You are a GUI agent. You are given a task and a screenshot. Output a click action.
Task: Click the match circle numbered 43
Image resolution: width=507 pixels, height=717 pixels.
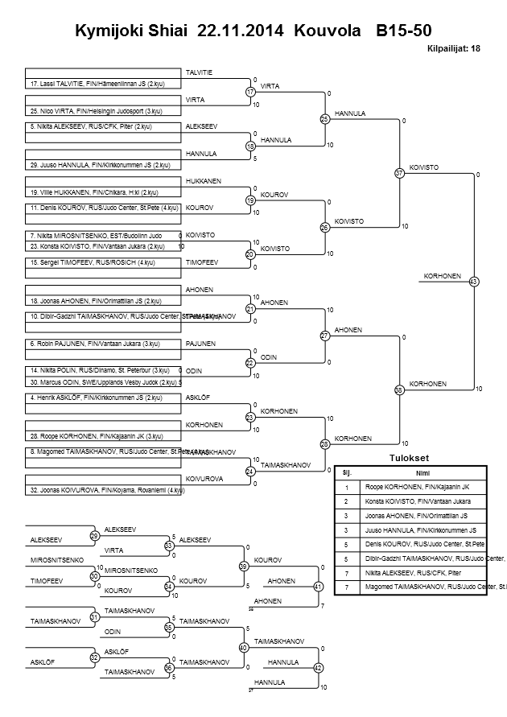(x=473, y=282)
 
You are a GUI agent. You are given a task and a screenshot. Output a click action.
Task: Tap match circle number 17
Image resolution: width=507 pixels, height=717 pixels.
(x=250, y=93)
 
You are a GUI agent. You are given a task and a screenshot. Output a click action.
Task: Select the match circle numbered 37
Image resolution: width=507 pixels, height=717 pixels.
(x=399, y=173)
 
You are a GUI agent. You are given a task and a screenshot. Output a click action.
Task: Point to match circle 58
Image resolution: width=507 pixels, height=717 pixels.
(x=399, y=389)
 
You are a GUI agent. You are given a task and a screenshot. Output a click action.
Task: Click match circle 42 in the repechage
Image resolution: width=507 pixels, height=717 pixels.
(x=318, y=668)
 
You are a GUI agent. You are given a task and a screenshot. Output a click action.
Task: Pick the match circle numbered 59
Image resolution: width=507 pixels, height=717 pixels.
(x=242, y=567)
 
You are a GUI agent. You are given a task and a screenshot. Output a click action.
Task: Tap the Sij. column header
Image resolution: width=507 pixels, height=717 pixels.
(x=347, y=472)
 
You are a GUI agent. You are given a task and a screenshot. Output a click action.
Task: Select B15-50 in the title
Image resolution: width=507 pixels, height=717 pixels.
(x=403, y=31)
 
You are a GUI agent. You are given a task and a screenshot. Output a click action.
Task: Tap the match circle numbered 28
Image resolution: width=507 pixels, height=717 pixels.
(x=325, y=444)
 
